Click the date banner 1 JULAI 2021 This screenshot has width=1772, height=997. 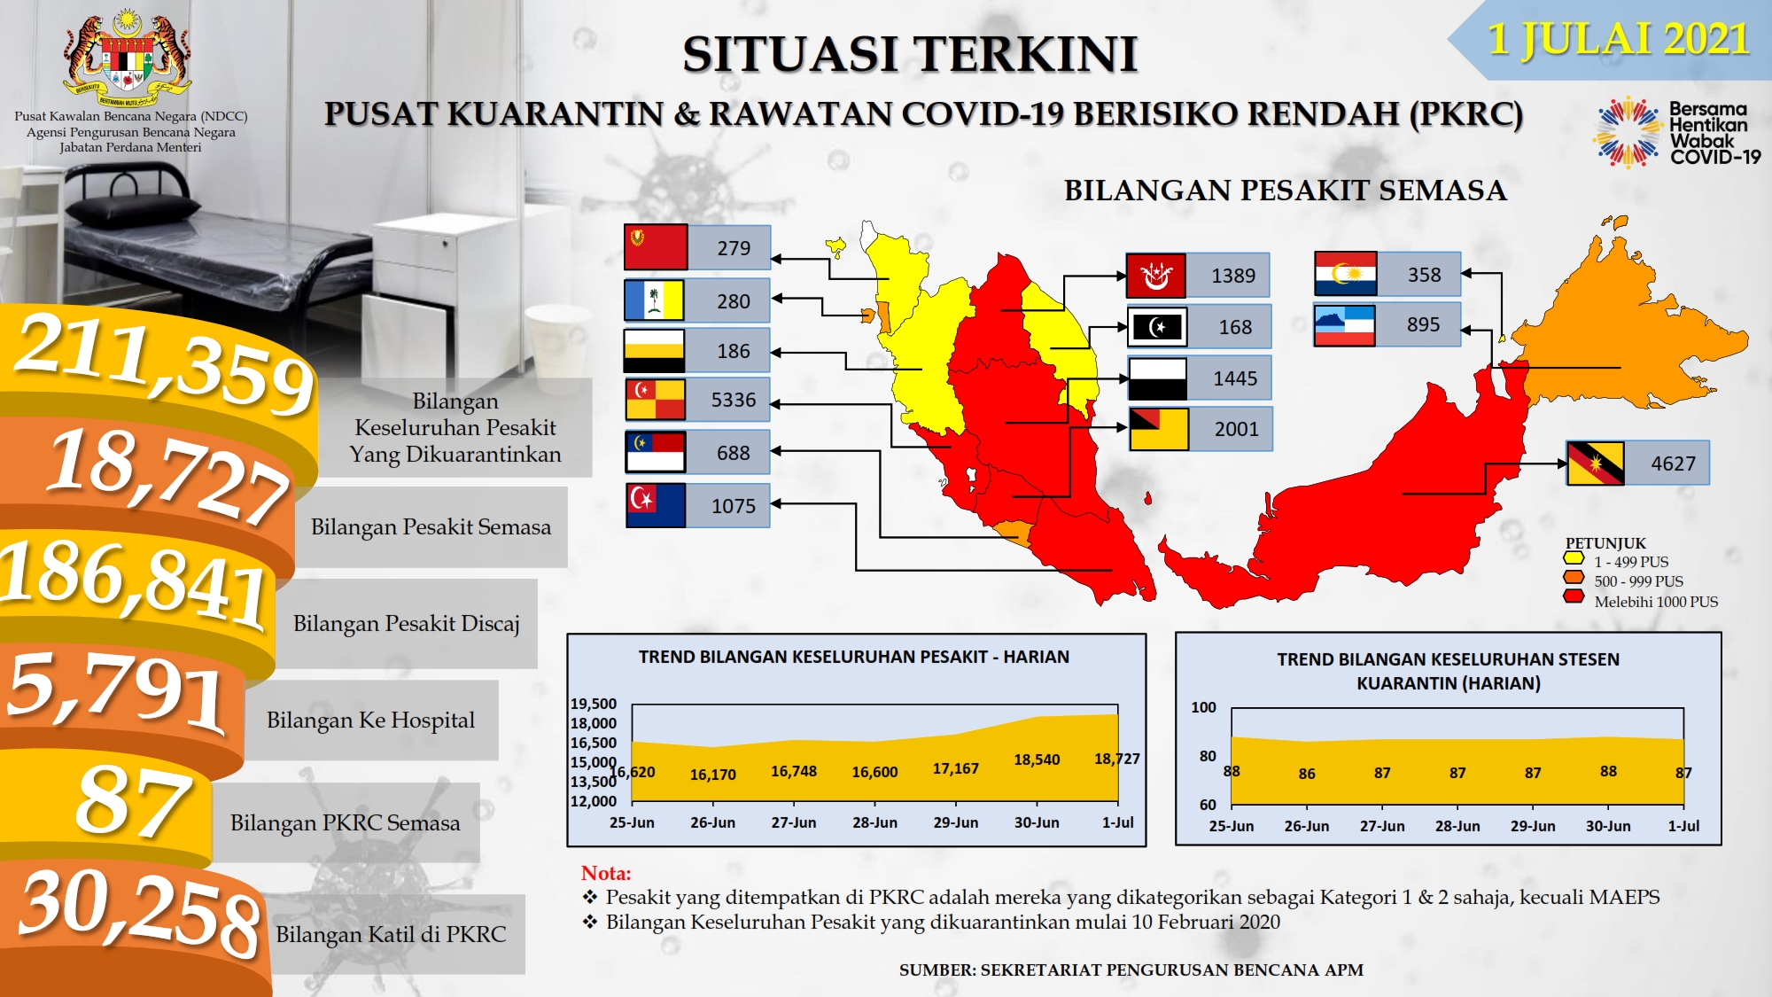(1618, 40)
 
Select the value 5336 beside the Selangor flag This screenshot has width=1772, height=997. (734, 400)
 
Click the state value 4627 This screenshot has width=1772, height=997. (1673, 463)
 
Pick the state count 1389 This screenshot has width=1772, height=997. (1233, 276)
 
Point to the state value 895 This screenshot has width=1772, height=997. (1424, 324)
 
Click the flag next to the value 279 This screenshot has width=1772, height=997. (656, 247)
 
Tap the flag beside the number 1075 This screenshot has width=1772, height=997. (656, 505)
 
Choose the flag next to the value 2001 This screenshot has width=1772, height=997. (1159, 429)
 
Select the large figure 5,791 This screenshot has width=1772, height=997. (115, 689)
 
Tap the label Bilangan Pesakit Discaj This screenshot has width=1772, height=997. (407, 623)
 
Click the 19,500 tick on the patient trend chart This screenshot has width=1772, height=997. (594, 704)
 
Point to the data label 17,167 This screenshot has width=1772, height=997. (956, 768)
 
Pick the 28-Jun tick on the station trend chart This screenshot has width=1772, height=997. (1457, 826)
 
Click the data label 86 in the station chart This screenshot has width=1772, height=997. (1307, 774)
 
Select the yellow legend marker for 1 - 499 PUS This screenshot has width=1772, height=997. (1574, 558)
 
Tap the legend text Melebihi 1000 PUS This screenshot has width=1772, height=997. (1656, 602)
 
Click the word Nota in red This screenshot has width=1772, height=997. (606, 873)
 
